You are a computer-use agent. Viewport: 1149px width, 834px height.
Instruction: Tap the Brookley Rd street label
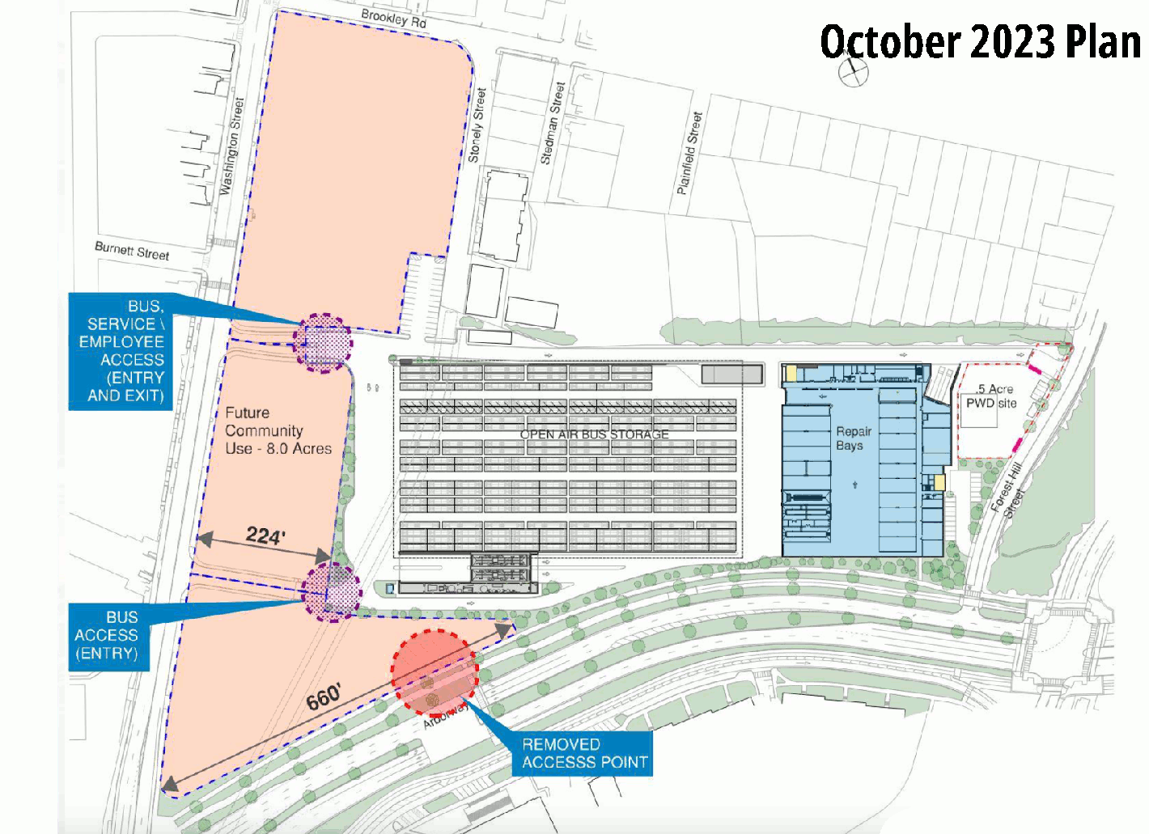[394, 18]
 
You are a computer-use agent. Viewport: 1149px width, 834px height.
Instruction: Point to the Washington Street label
[231, 146]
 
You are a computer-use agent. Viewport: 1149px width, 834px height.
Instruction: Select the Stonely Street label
[478, 125]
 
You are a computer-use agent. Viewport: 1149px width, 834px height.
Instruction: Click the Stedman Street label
[553, 124]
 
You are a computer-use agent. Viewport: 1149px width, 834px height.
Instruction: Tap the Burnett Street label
[132, 251]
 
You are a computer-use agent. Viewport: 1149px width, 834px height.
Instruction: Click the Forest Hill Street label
[1008, 489]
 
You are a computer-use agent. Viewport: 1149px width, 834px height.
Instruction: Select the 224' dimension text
[265, 536]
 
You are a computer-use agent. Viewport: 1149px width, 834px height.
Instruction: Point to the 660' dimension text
[324, 696]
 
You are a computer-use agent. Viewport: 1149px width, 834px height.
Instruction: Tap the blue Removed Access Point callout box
[583, 753]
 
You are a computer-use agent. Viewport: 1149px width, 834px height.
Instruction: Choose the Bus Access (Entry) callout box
[108, 636]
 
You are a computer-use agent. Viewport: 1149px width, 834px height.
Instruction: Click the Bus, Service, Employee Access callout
[121, 351]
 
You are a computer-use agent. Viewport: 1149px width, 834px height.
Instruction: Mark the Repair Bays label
[853, 438]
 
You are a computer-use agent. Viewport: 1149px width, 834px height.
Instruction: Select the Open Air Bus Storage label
[594, 434]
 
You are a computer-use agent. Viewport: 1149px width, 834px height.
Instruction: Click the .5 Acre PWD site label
[992, 396]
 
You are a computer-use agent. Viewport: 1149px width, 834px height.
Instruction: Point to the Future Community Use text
[278, 430]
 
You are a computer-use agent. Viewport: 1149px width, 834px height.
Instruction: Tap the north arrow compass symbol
[851, 71]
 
